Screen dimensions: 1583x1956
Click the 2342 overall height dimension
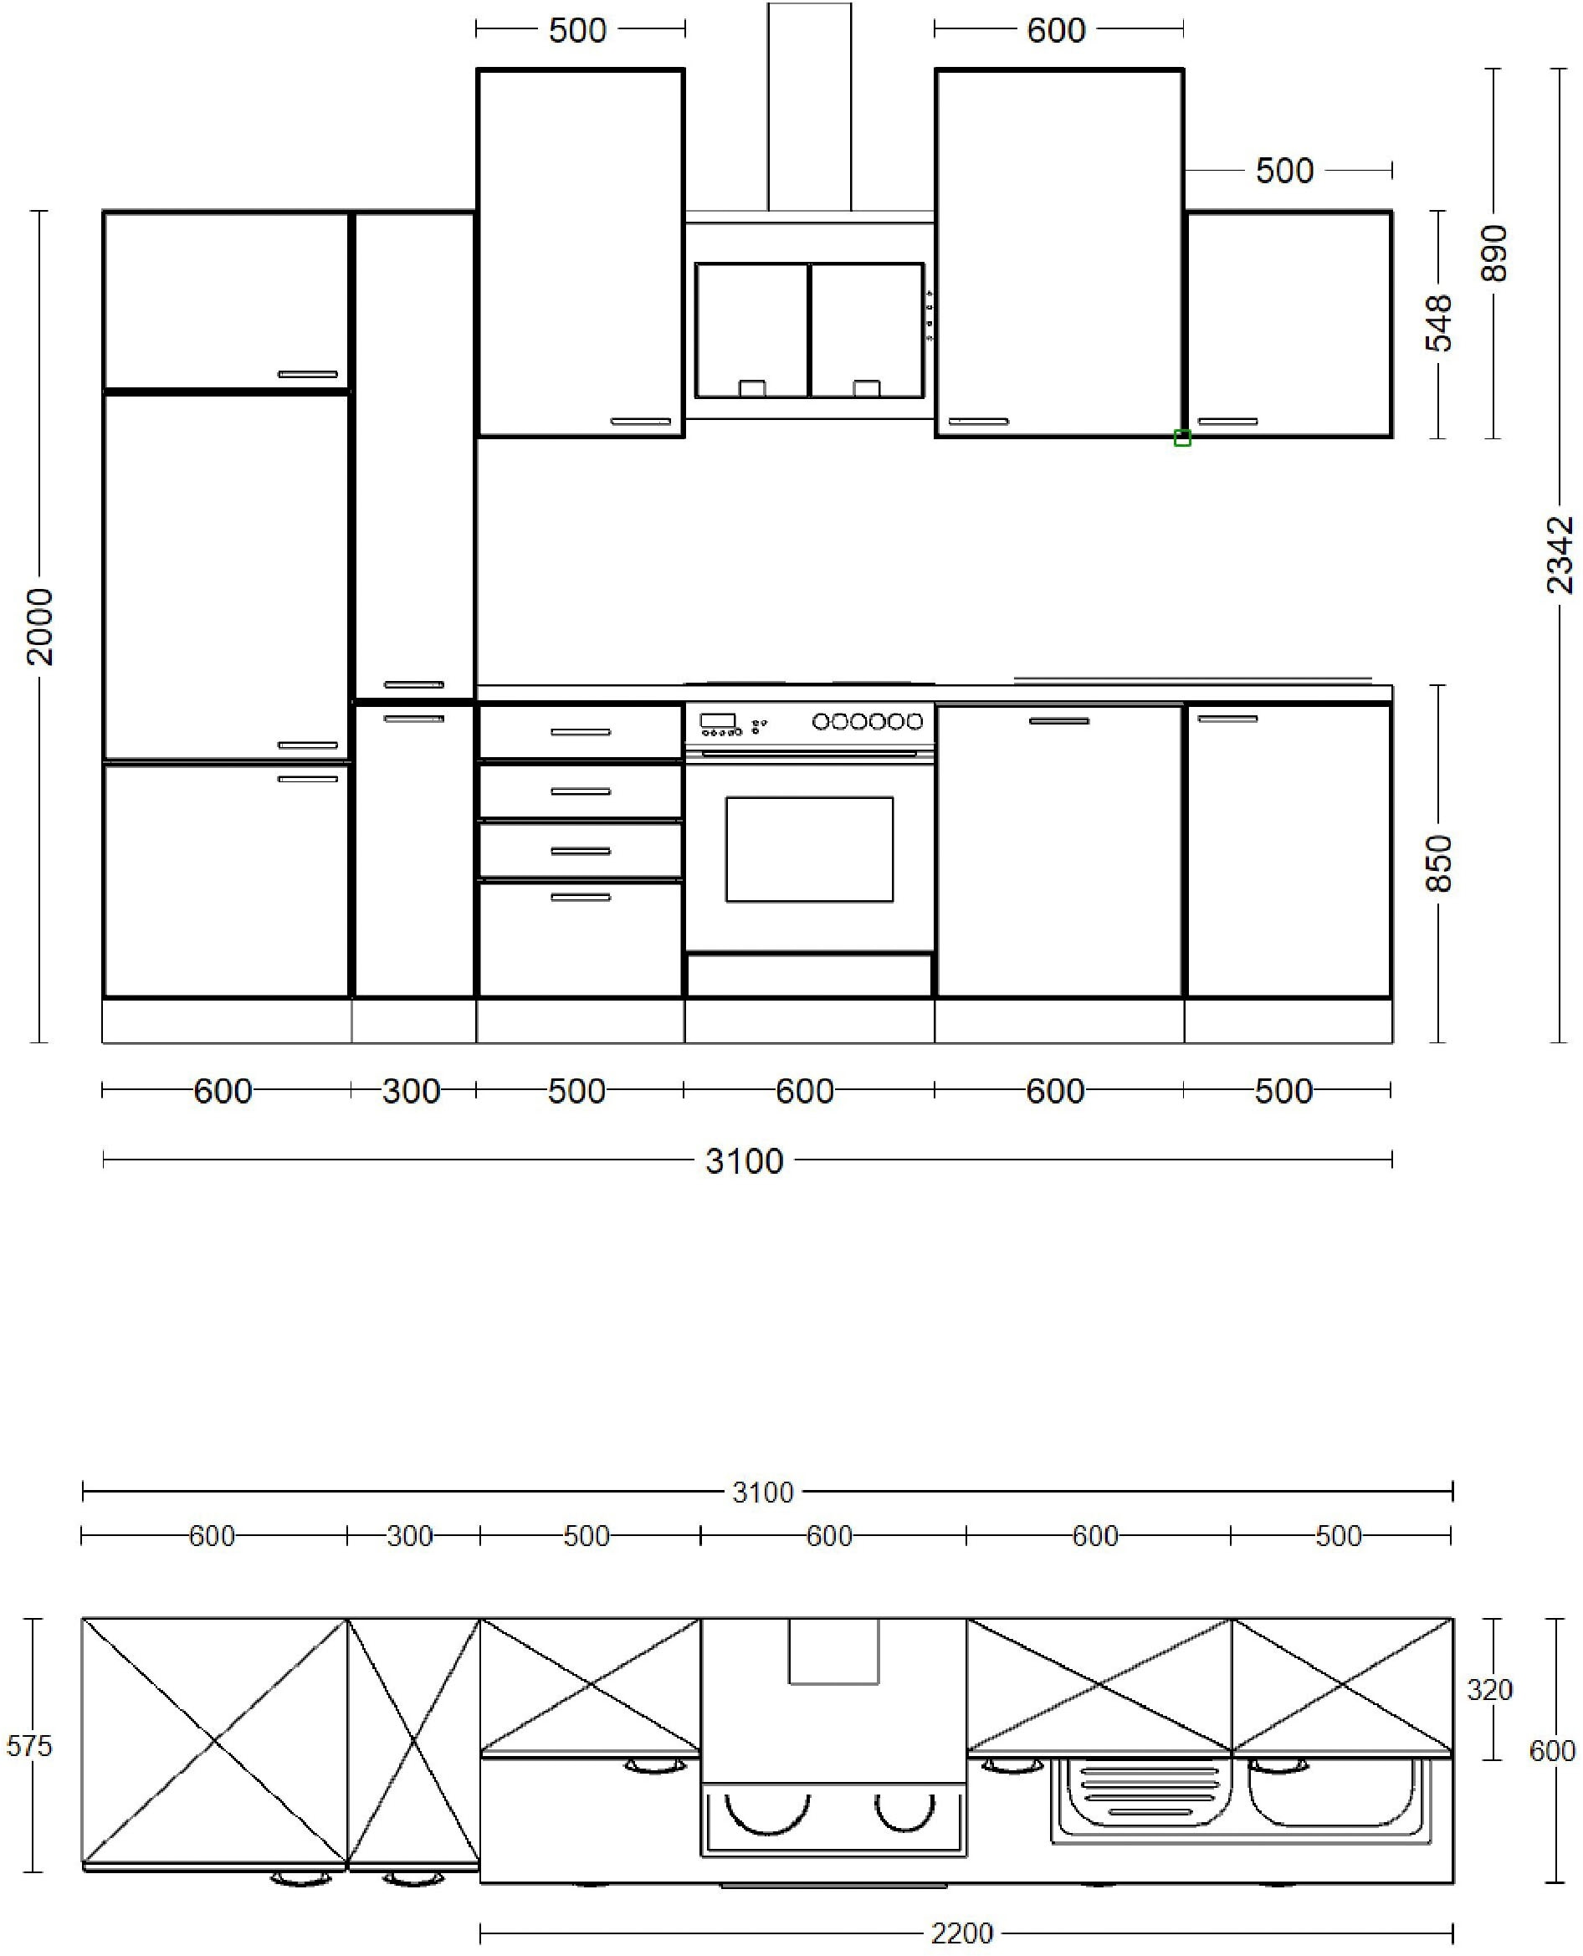point(1560,555)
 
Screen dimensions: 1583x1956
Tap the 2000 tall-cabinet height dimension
point(39,627)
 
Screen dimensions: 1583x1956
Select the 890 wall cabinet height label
point(1493,253)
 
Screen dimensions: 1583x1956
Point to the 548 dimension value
point(1438,323)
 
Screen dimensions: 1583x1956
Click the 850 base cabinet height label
point(1438,863)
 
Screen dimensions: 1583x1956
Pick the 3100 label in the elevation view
point(744,1161)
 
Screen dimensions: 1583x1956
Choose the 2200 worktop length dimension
point(962,1933)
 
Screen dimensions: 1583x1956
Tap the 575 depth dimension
point(29,1745)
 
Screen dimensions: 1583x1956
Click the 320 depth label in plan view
point(1489,1690)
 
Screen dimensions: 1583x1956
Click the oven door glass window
point(809,849)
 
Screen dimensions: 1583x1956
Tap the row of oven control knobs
point(867,721)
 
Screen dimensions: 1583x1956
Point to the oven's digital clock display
point(718,720)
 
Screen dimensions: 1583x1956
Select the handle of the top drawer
point(580,731)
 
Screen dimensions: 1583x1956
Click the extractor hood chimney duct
point(809,107)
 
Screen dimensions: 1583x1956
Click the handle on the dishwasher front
point(1058,720)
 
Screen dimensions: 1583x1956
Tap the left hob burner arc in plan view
point(767,1814)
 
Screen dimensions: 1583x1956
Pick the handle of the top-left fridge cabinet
point(307,374)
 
